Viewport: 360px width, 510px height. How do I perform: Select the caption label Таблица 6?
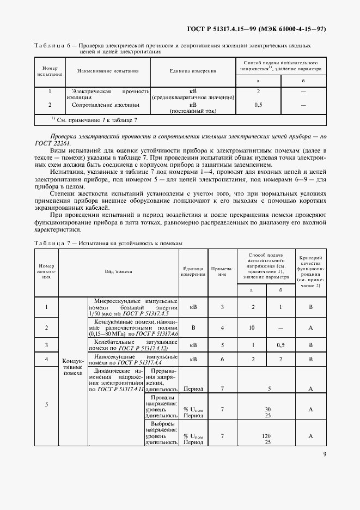click(53, 46)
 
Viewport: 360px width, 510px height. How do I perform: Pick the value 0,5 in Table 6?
click(258, 104)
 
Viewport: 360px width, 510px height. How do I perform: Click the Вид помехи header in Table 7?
click(119, 271)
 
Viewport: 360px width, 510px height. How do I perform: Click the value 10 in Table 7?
click(252, 327)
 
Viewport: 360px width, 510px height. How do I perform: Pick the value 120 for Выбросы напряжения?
click(267, 435)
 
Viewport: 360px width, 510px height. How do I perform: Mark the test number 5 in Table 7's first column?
click(46, 404)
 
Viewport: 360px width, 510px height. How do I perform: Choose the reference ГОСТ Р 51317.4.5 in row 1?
click(153, 314)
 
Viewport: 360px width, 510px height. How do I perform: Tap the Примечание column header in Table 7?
click(222, 271)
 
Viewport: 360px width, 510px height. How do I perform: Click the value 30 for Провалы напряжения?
click(267, 409)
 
